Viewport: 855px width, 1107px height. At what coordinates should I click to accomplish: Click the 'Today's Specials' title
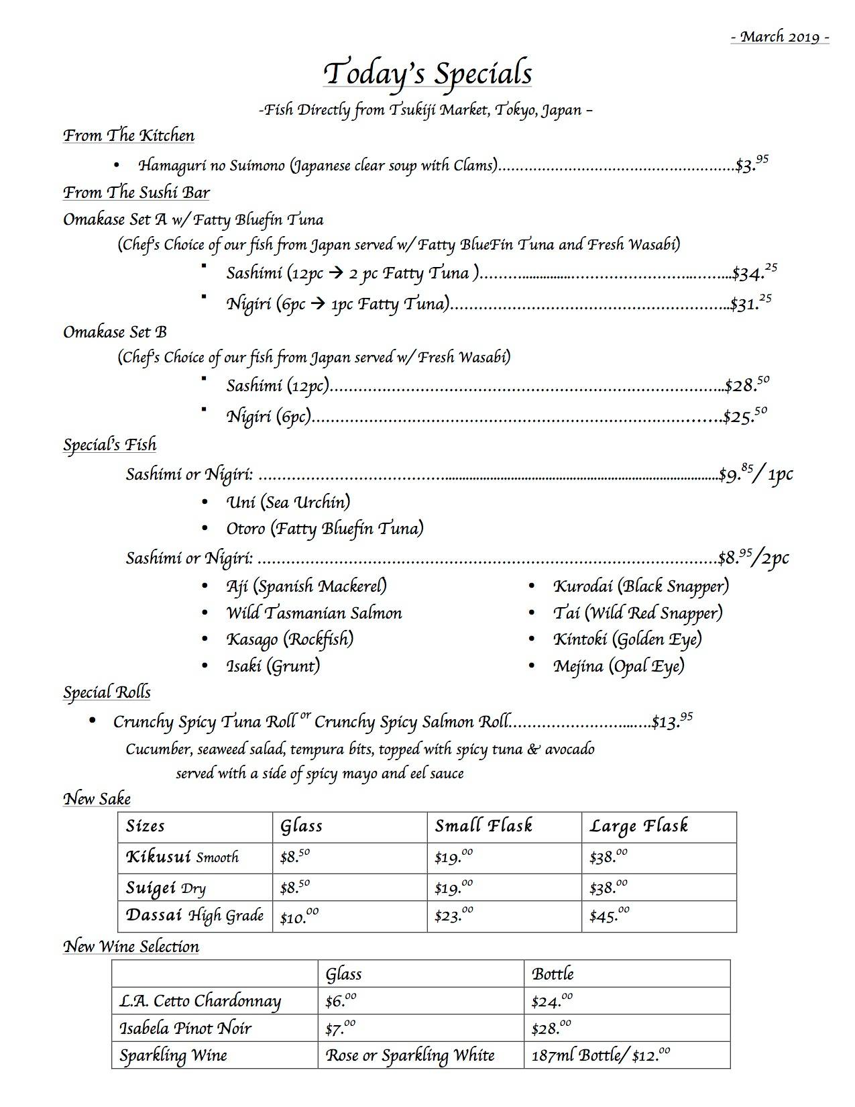(427, 74)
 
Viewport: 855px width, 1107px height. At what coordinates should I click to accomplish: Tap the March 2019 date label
(780, 37)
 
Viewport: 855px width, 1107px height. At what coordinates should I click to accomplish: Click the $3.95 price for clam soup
(752, 164)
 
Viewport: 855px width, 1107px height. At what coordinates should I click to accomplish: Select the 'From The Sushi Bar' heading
(136, 193)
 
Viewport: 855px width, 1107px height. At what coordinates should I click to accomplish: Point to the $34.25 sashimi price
(754, 272)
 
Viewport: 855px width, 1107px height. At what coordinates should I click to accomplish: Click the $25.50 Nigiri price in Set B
(744, 416)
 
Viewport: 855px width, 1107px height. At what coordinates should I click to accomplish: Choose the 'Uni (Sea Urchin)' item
(288, 502)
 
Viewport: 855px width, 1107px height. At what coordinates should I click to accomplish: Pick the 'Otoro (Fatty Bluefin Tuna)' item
(325, 529)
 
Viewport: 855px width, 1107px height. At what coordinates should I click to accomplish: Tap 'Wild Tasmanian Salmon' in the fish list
(314, 613)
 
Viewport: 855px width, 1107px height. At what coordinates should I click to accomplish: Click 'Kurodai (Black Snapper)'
(640, 586)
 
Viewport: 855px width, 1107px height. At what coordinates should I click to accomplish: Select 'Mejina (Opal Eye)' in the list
(618, 666)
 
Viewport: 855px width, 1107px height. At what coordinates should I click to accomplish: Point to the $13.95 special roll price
(672, 722)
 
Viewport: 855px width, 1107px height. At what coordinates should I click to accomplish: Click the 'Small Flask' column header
(483, 826)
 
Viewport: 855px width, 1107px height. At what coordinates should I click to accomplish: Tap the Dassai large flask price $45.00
(608, 916)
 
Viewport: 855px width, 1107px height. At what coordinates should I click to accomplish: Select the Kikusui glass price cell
(295, 857)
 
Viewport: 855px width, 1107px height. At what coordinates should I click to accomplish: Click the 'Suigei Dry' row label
(166, 888)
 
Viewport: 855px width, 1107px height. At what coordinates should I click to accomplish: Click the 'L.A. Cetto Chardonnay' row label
(200, 1001)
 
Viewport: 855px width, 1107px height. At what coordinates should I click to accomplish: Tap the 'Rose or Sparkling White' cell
(410, 1055)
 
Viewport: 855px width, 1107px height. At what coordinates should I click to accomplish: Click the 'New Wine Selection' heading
(131, 947)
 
